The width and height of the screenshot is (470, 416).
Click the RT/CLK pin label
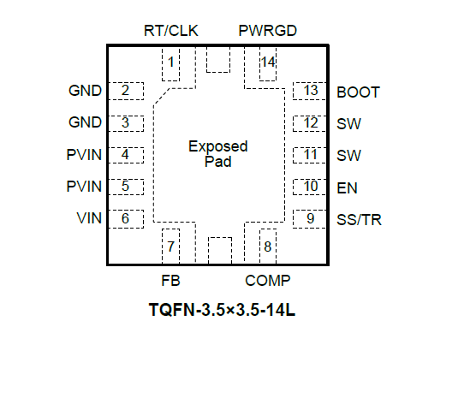[171, 31]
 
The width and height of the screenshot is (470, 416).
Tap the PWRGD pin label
[267, 31]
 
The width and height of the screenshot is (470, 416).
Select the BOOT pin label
[358, 92]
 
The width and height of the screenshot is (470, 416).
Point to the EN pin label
[347, 188]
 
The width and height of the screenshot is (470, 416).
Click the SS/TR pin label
[359, 220]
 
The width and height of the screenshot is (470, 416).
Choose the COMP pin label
[268, 281]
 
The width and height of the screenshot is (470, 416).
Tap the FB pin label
[170, 281]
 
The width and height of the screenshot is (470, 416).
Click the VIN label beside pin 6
[89, 218]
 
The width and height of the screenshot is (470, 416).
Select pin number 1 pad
[171, 64]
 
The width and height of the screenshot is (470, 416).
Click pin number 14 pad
[268, 64]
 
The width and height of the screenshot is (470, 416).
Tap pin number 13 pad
[310, 91]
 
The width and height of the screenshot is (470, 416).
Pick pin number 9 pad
[310, 219]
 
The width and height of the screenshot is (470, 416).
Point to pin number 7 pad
[171, 247]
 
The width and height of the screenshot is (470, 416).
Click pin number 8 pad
[268, 247]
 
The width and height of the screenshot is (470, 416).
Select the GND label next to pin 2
[85, 91]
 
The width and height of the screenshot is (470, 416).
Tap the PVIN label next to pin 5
[84, 187]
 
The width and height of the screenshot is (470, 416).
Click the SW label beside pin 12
[348, 124]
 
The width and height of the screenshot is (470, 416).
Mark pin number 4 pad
[126, 155]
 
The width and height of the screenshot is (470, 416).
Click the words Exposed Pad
[218, 154]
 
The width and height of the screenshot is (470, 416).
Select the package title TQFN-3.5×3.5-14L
[222, 310]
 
